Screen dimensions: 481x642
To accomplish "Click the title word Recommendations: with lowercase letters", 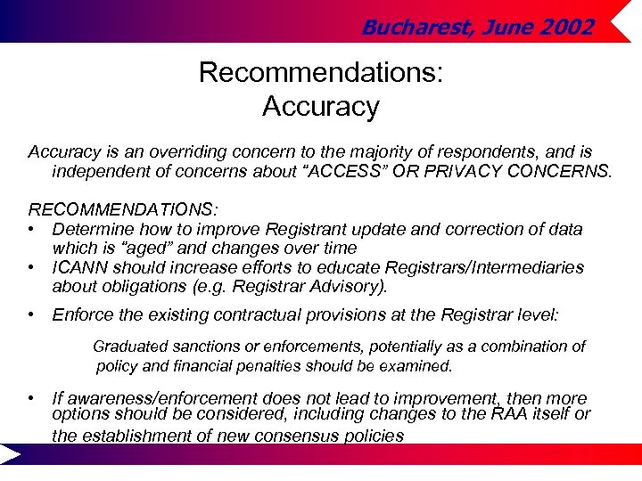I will (320, 71).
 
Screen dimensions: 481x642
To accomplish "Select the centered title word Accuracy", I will (320, 106).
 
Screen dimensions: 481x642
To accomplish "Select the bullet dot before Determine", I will (32, 230).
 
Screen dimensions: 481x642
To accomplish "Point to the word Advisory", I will (348, 286).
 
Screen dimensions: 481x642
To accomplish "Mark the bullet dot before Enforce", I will (32, 314).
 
